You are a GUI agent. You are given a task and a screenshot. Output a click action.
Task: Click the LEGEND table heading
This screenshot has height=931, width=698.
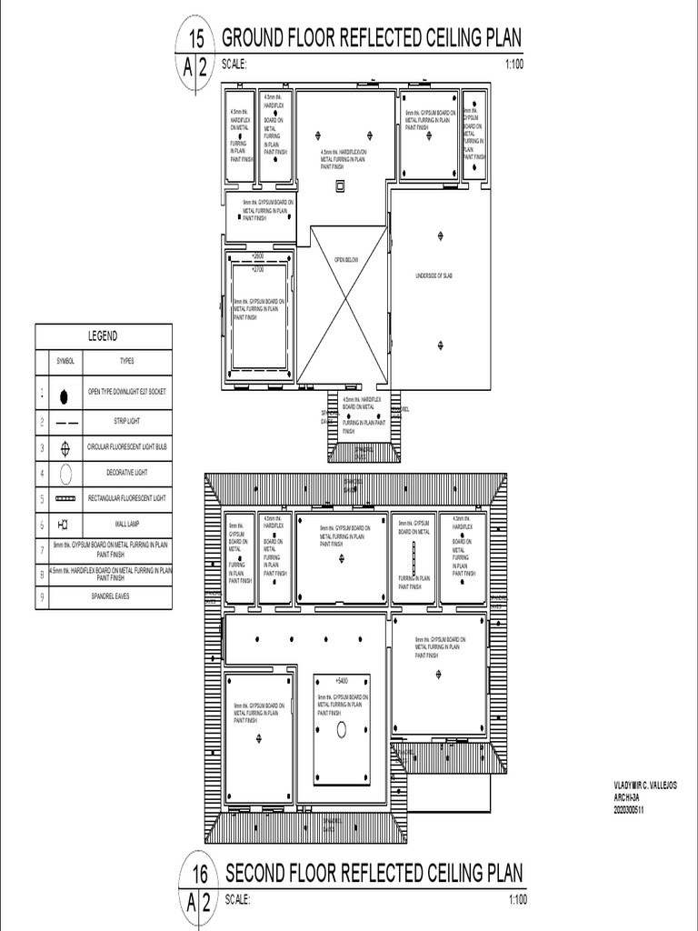(102, 335)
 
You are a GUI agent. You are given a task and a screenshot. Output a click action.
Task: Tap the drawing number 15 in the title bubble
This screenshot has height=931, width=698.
(195, 38)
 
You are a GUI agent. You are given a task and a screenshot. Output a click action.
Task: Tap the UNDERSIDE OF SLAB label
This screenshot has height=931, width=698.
(434, 275)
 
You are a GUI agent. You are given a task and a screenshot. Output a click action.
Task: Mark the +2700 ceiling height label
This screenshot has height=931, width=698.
(258, 269)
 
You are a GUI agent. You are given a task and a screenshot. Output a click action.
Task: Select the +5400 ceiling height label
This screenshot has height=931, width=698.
(341, 680)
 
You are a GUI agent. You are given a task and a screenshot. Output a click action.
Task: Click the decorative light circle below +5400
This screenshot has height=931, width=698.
(342, 729)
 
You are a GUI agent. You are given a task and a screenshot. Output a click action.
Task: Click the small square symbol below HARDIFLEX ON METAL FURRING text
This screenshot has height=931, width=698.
(341, 185)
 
